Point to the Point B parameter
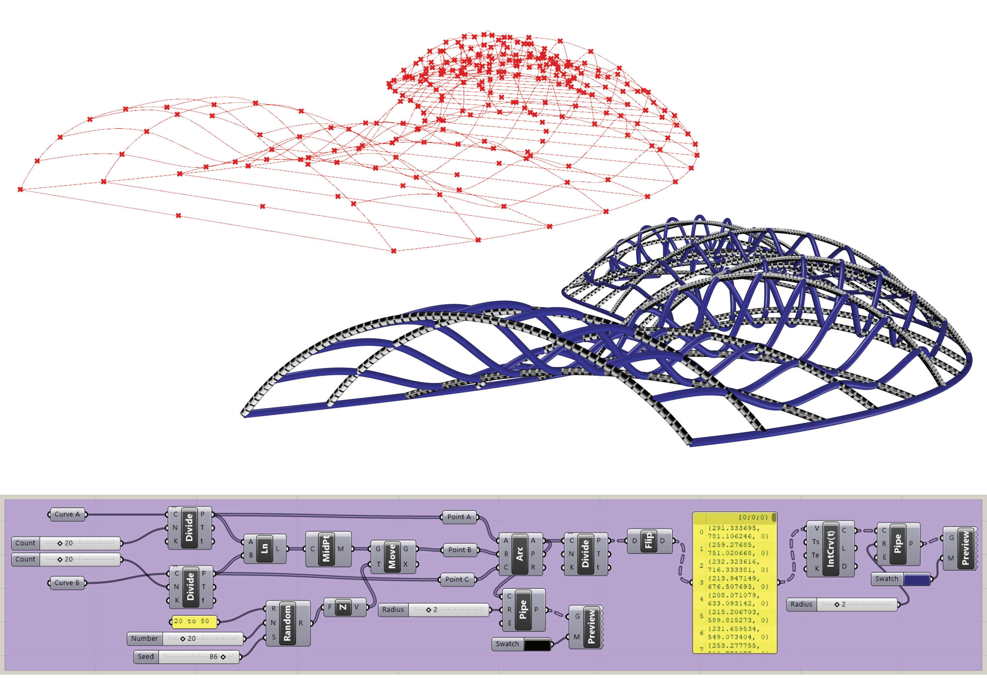pos(459,550)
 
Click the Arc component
pos(520,555)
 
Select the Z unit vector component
pos(343,607)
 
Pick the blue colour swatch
pos(917,579)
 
